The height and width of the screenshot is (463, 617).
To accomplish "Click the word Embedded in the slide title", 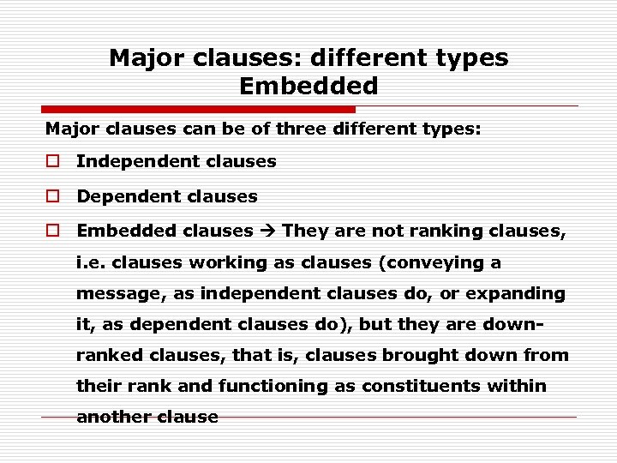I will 308,86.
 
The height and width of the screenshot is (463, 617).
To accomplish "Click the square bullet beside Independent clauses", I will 52,161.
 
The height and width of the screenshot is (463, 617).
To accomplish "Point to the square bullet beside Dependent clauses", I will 52,196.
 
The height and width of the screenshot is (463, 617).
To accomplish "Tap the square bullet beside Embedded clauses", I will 52,231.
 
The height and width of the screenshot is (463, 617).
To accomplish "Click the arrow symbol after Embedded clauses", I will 267,231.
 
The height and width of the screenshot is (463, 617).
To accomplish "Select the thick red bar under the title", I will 199,109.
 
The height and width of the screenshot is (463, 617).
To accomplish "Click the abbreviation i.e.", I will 91,262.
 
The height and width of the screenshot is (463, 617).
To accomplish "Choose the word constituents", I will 419,386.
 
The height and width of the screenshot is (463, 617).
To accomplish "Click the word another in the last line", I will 111,417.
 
